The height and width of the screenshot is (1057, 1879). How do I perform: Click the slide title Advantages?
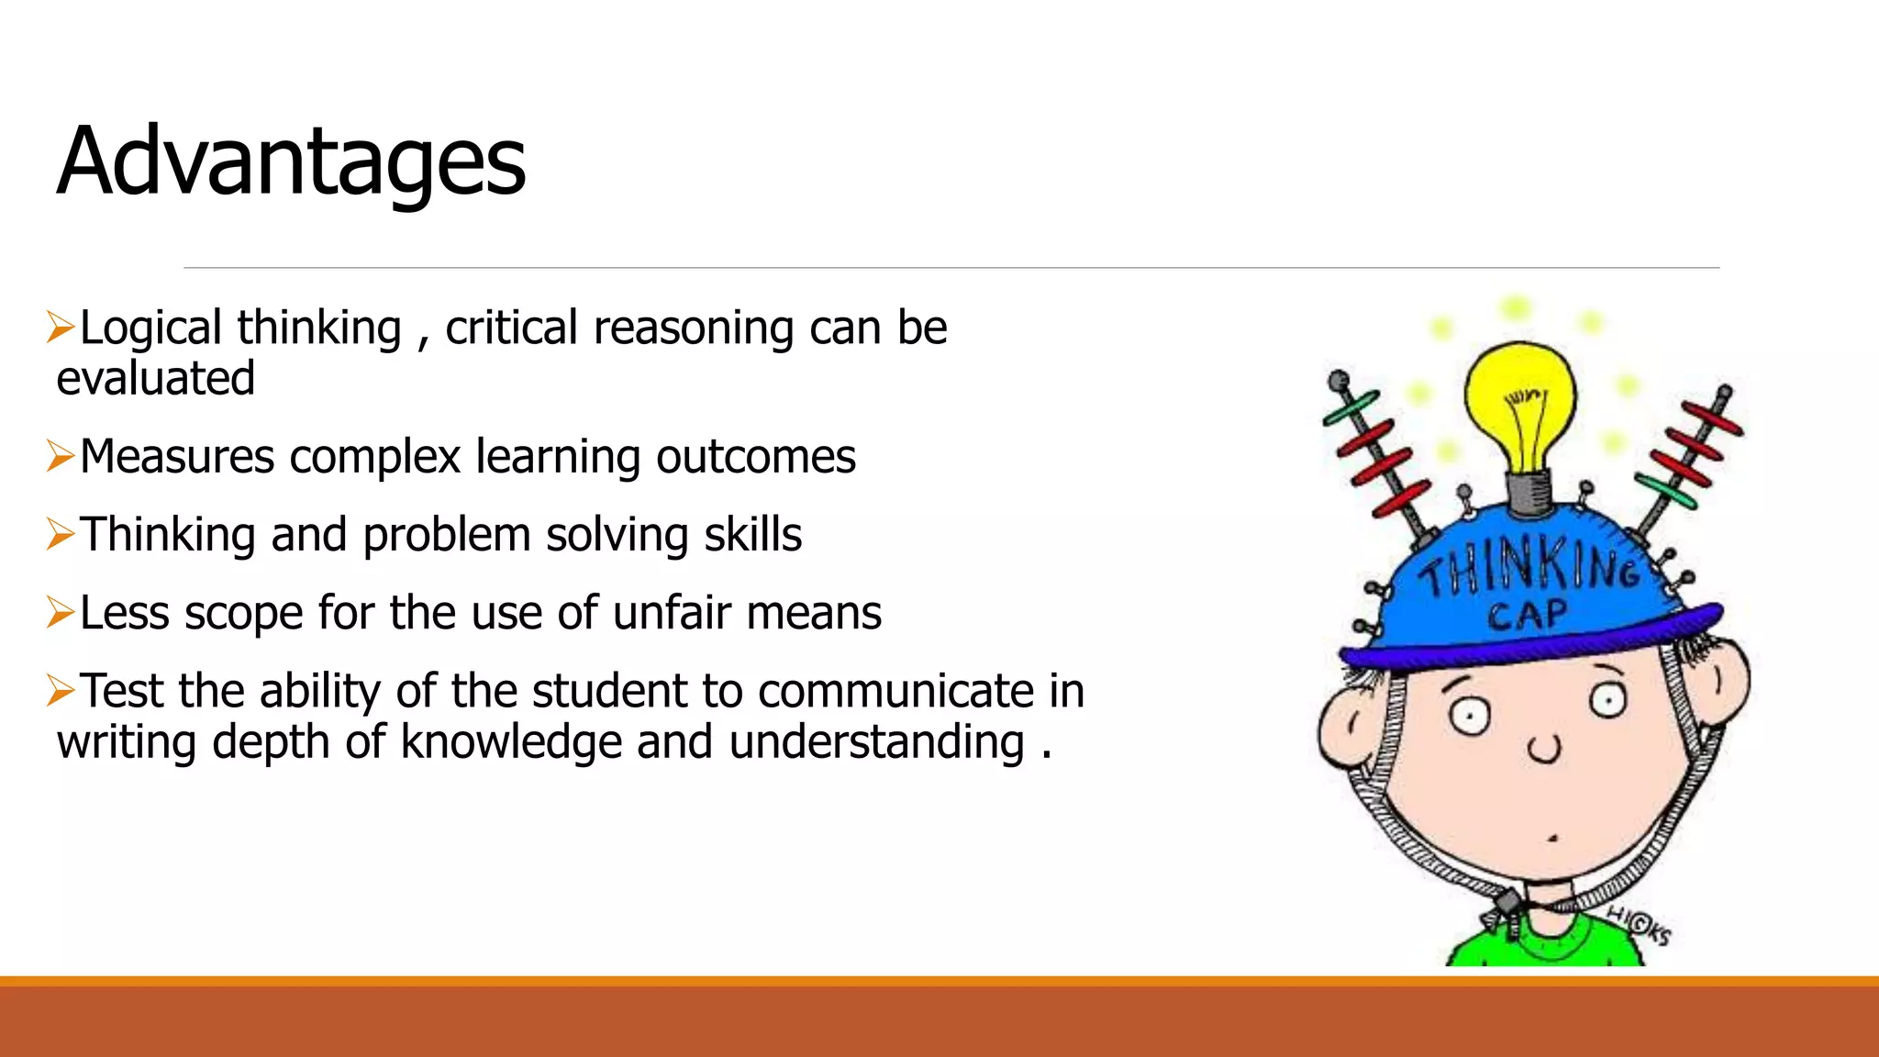(x=291, y=162)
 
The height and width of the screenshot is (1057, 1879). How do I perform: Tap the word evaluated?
(x=155, y=378)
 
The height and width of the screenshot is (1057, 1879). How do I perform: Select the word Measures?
(x=177, y=457)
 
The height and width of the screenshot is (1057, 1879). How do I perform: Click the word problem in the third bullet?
(x=447, y=535)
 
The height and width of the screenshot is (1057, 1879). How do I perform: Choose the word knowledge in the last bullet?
(x=511, y=741)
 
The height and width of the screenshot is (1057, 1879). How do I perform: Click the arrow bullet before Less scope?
(x=61, y=612)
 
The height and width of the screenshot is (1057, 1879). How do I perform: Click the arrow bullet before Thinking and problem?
(x=61, y=534)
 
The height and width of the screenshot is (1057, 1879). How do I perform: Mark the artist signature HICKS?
(x=1639, y=925)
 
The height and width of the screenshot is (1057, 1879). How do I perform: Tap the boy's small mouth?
(x=1552, y=838)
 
